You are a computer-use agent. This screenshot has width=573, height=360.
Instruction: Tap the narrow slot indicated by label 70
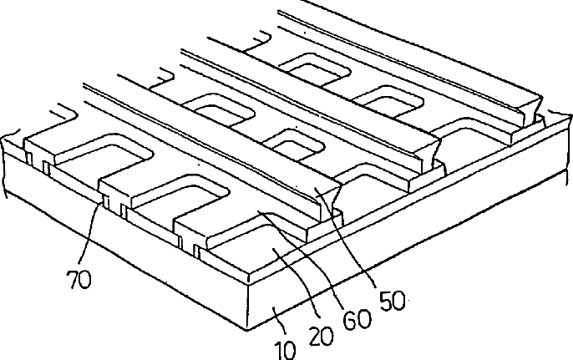tap(104, 203)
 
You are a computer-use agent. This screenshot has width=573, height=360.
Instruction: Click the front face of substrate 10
tap(125, 242)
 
